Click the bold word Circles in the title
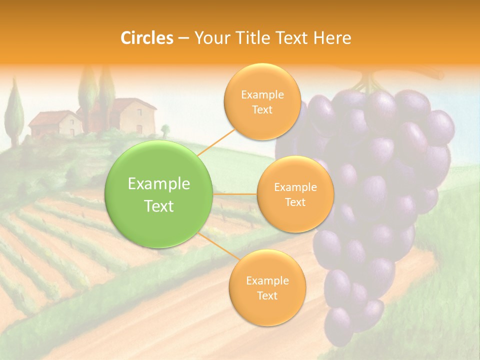tap(147, 38)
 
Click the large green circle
tap(159, 194)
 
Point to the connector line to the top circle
tap(216, 141)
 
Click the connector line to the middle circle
tap(235, 194)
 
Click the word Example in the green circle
tap(159, 184)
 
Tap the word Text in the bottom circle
tap(267, 295)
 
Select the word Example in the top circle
tap(262, 94)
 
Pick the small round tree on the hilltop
tap(165, 131)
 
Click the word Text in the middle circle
tap(295, 202)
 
